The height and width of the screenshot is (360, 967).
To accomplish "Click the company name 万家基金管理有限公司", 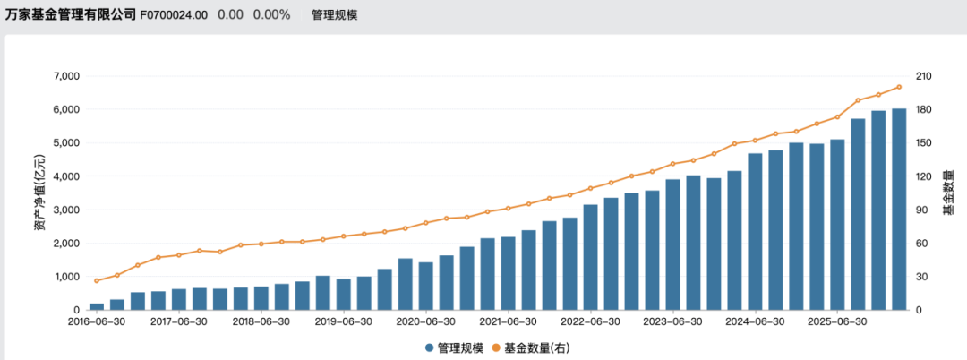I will [x=71, y=14].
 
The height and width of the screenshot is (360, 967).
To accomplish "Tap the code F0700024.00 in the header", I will [x=174, y=15].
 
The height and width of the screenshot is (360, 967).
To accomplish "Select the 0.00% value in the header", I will [x=271, y=15].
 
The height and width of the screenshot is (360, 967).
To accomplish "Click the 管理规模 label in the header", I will [x=335, y=15].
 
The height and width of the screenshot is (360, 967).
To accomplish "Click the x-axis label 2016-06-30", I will [x=97, y=321].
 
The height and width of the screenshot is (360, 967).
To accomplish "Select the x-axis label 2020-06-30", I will [x=426, y=321].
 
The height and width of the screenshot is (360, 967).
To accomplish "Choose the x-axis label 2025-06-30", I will [x=838, y=321].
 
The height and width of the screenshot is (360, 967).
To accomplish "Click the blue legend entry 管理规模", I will [x=457, y=347].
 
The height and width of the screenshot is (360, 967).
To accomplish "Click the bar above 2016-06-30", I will [x=97, y=306].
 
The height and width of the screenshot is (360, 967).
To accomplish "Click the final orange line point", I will [x=899, y=87].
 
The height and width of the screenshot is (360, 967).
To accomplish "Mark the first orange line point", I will [x=97, y=281].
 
